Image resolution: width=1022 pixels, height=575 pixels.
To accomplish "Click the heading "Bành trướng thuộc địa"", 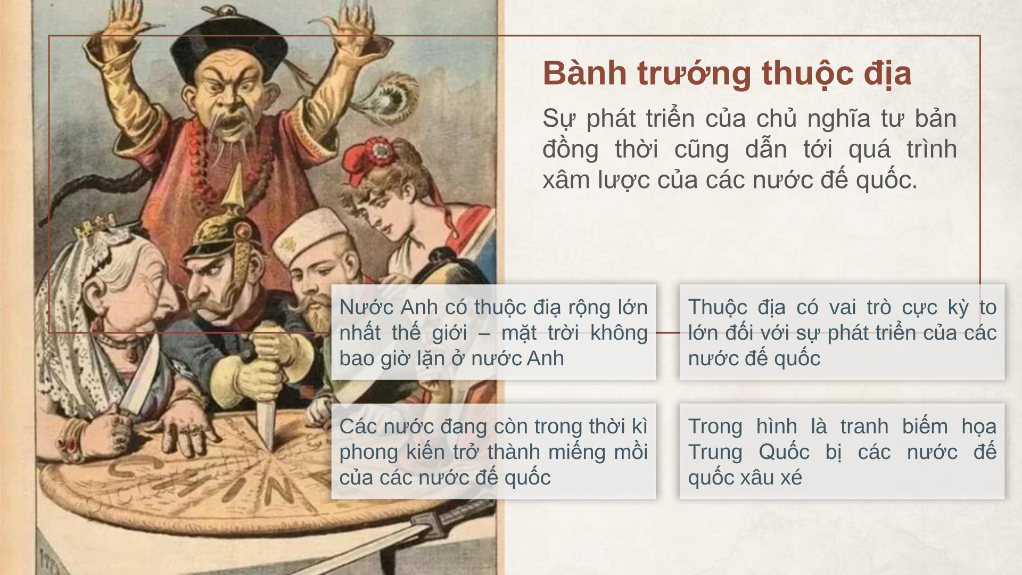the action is (727, 73).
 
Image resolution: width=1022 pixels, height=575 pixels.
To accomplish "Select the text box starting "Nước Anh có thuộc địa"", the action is (493, 332).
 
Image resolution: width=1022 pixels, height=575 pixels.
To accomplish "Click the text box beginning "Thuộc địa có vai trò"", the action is (842, 332).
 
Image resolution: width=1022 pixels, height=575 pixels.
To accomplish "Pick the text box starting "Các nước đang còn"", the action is (493, 451).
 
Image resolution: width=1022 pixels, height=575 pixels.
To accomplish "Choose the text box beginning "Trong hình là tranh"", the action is (842, 451).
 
